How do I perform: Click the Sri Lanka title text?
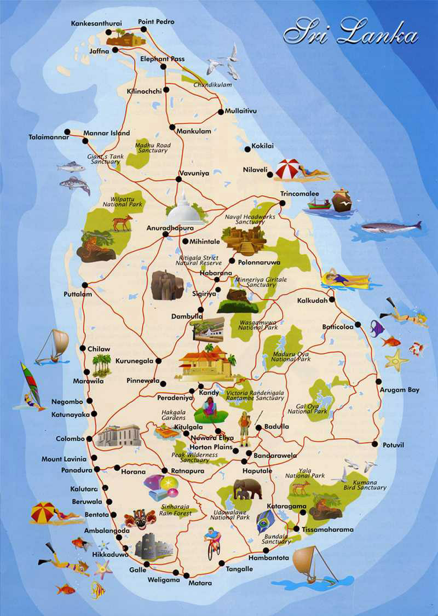click(x=350, y=32)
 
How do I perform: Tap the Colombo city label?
click(x=70, y=439)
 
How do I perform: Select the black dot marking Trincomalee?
click(x=282, y=203)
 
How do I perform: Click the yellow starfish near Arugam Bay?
click(x=396, y=360)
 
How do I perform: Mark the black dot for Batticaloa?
click(x=358, y=325)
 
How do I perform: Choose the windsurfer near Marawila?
click(x=31, y=386)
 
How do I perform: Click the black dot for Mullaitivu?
click(x=221, y=112)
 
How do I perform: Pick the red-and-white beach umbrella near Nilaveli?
click(x=288, y=169)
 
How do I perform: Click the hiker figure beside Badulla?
click(x=244, y=427)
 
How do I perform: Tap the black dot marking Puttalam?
click(x=85, y=285)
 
